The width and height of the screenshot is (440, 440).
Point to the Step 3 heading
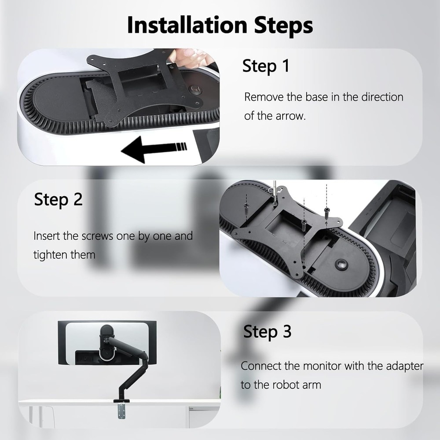coord(267,331)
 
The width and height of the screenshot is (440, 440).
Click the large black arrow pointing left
coord(154,148)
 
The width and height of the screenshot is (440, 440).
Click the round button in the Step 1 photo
coord(196,89)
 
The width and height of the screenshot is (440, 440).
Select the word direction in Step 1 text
coord(382,97)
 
